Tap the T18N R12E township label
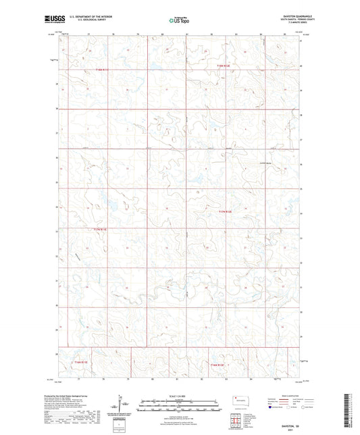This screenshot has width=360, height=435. tap(224, 66)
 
